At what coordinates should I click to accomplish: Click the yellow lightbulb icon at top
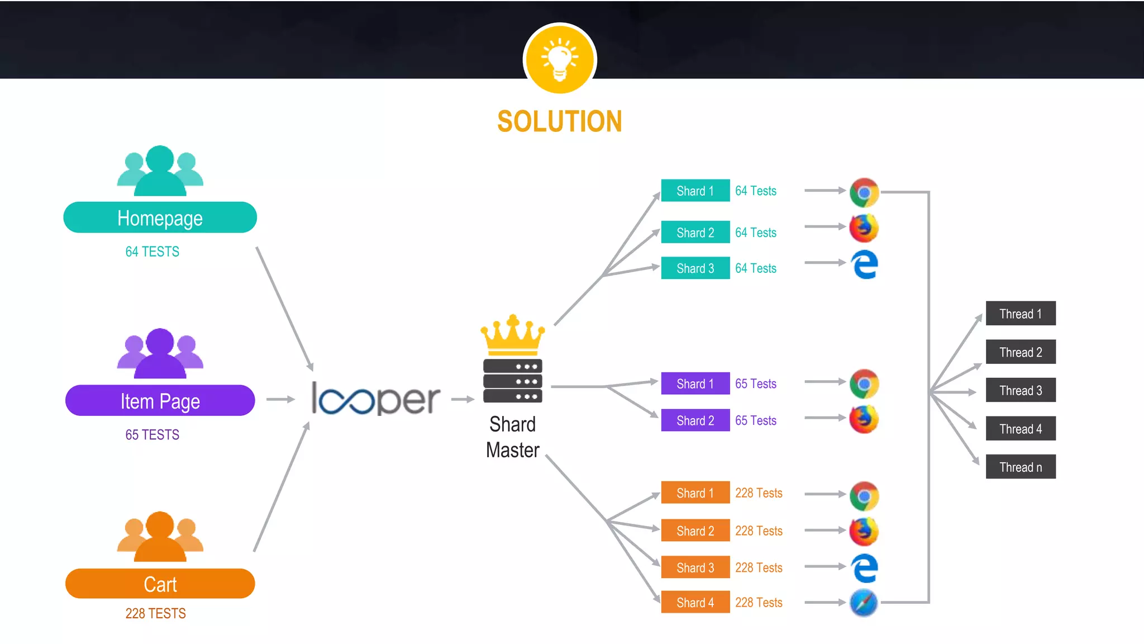pyautogui.click(x=560, y=59)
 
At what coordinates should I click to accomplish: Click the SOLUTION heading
pyautogui.click(x=559, y=122)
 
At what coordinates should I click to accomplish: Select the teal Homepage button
pyautogui.click(x=160, y=217)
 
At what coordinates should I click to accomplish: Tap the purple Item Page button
pyautogui.click(x=160, y=400)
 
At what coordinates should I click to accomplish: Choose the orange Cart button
pyautogui.click(x=160, y=584)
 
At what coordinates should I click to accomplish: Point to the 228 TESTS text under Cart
pyautogui.click(x=155, y=613)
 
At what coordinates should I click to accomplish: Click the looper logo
pyautogui.click(x=375, y=399)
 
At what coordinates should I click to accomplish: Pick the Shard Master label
pyautogui.click(x=512, y=437)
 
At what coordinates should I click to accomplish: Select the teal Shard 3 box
pyautogui.click(x=695, y=268)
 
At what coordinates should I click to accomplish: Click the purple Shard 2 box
pyautogui.click(x=695, y=420)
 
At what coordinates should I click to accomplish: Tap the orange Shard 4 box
pyautogui.click(x=695, y=603)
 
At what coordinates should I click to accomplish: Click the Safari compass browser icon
pyautogui.click(x=864, y=603)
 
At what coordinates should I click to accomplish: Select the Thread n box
pyautogui.click(x=1020, y=467)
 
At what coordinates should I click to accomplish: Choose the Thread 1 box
pyautogui.click(x=1020, y=314)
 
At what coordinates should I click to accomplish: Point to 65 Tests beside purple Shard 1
pyautogui.click(x=755, y=383)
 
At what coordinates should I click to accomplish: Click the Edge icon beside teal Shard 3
pyautogui.click(x=864, y=264)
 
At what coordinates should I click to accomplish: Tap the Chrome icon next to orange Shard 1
pyautogui.click(x=864, y=496)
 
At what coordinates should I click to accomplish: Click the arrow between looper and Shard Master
pyautogui.click(x=463, y=399)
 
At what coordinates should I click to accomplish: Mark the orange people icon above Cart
pyautogui.click(x=160, y=536)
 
